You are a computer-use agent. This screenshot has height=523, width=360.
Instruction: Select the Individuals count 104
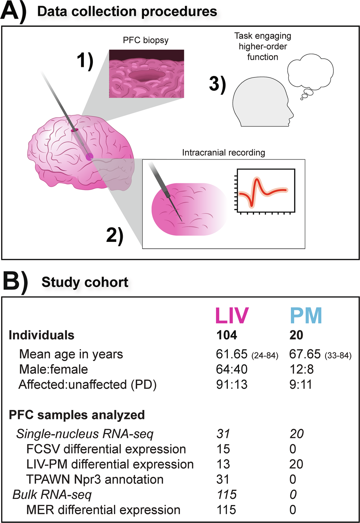coord(227,335)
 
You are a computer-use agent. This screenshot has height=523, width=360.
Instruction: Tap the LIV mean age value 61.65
coord(232,354)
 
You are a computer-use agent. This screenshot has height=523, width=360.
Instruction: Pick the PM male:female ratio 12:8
coord(302,369)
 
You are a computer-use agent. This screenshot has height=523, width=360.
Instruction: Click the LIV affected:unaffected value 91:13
coord(232,384)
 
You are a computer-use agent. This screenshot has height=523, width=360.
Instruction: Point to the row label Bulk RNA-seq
coord(52,495)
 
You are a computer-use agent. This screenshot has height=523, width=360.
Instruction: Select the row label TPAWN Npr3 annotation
coord(95,479)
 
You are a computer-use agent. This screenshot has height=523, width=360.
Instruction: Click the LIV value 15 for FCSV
coord(223,449)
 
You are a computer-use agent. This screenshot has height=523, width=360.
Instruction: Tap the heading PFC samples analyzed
coord(77,415)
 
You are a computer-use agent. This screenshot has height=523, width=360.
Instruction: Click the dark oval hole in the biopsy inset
coord(147,75)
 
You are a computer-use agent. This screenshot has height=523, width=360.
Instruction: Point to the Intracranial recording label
coord(224,152)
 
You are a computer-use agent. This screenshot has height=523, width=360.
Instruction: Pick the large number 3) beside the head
coord(217,85)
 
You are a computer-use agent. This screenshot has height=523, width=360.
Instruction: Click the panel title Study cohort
coord(85,282)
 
